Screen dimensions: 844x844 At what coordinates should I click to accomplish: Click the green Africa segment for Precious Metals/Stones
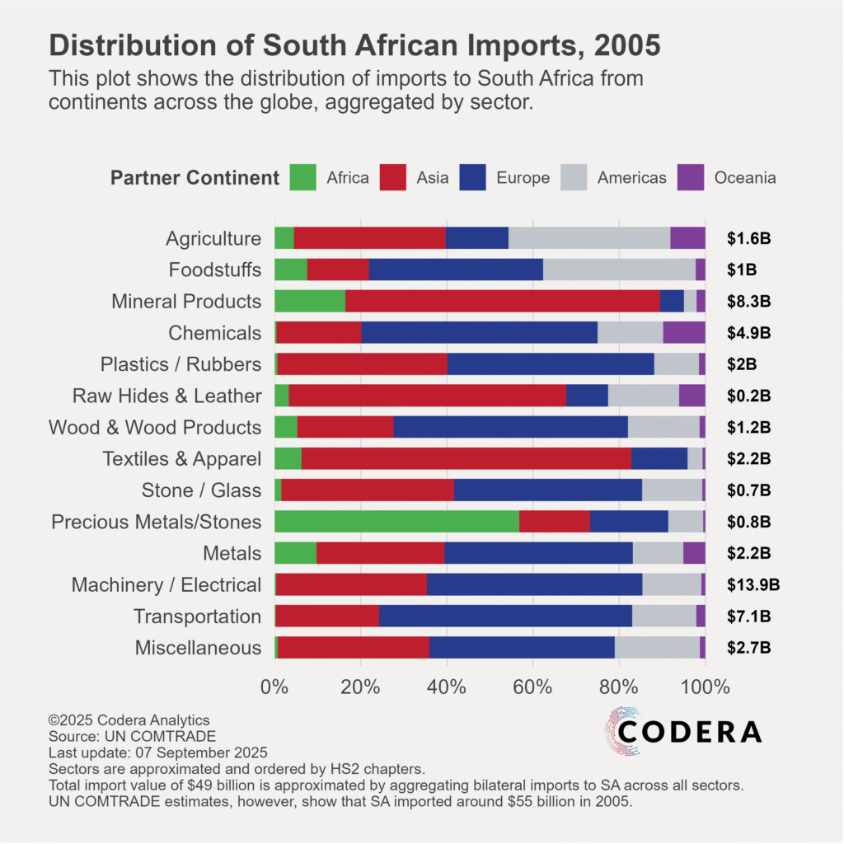pos(396,522)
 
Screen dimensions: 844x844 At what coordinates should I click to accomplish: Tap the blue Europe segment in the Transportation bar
pos(505,616)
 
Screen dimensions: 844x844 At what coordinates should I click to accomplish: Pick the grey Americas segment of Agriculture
pos(589,237)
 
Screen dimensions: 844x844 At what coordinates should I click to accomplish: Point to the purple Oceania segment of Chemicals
pos(684,332)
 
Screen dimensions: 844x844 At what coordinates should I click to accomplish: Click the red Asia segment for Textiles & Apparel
pos(466,458)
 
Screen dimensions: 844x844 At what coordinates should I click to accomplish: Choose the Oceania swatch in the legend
pos(691,178)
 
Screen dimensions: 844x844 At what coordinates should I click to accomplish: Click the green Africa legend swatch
pos(302,178)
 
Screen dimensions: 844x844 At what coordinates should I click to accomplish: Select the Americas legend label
pos(631,178)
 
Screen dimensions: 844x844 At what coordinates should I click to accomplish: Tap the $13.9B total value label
pos(753,585)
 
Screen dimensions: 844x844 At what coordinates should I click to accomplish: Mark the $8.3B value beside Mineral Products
pos(748,302)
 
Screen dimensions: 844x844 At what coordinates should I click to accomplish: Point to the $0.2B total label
pos(748,396)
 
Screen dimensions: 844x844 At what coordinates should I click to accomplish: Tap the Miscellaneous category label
pos(198,648)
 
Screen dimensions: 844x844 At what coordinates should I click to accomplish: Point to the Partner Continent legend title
pos(195,178)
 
